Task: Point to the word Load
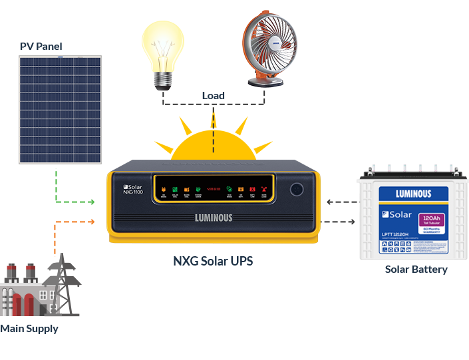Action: (214, 96)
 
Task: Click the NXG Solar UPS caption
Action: (213, 260)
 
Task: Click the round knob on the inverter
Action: (297, 189)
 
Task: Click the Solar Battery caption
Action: (416, 270)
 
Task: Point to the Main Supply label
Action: (29, 329)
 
